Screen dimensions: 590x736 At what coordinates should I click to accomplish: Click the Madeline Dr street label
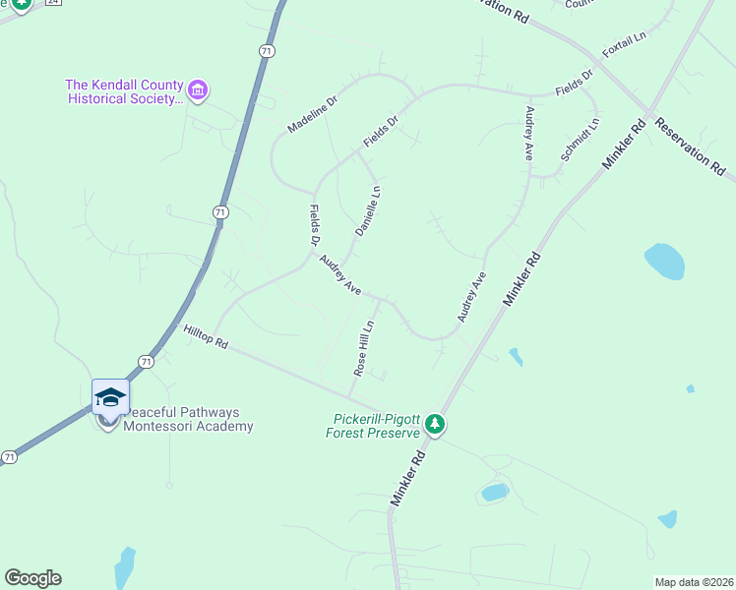tap(312, 115)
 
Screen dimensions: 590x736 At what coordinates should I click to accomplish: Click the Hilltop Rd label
tap(206, 337)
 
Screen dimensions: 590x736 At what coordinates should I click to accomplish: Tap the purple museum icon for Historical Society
tap(199, 91)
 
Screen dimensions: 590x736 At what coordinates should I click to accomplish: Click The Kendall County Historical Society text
tap(124, 91)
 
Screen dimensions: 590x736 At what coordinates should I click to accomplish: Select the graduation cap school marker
tap(110, 397)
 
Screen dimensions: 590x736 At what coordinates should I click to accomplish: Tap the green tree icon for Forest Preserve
tap(435, 426)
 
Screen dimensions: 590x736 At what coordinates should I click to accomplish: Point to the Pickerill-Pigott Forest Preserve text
tap(376, 426)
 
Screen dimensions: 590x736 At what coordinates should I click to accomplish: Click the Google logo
tap(32, 578)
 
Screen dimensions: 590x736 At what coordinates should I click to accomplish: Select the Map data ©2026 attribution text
tap(693, 582)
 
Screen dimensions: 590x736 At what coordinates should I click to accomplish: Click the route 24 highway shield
tap(53, 2)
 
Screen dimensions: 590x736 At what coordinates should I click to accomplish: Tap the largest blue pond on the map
tap(664, 262)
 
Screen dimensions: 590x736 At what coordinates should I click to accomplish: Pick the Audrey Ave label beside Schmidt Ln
tap(528, 134)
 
